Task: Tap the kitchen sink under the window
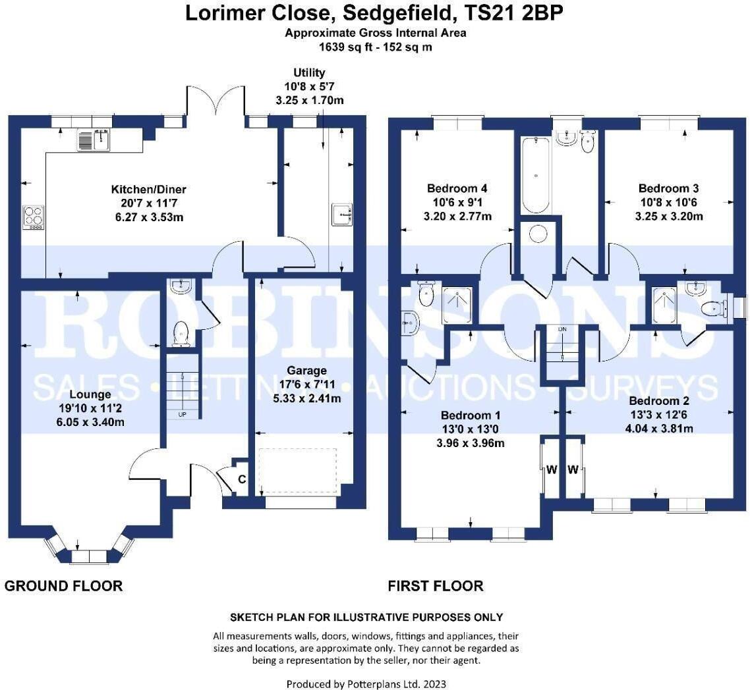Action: [93, 140]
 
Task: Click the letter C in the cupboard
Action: [242, 479]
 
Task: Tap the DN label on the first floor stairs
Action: [562, 329]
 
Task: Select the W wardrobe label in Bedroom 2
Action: [573, 469]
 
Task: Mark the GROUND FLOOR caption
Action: [63, 585]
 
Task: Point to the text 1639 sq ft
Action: [343, 47]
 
